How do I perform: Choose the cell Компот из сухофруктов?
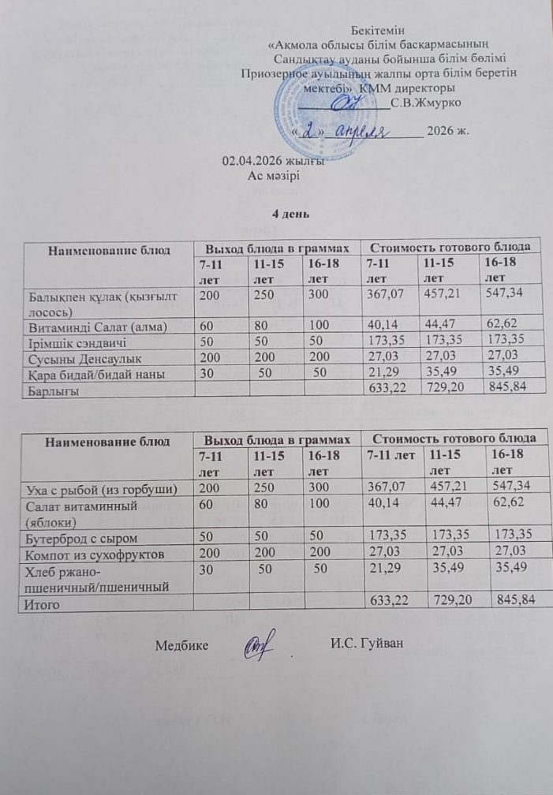coord(99,554)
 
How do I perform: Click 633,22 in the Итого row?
coord(390,602)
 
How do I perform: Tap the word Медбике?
coord(181,645)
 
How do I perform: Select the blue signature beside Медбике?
coord(256,644)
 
